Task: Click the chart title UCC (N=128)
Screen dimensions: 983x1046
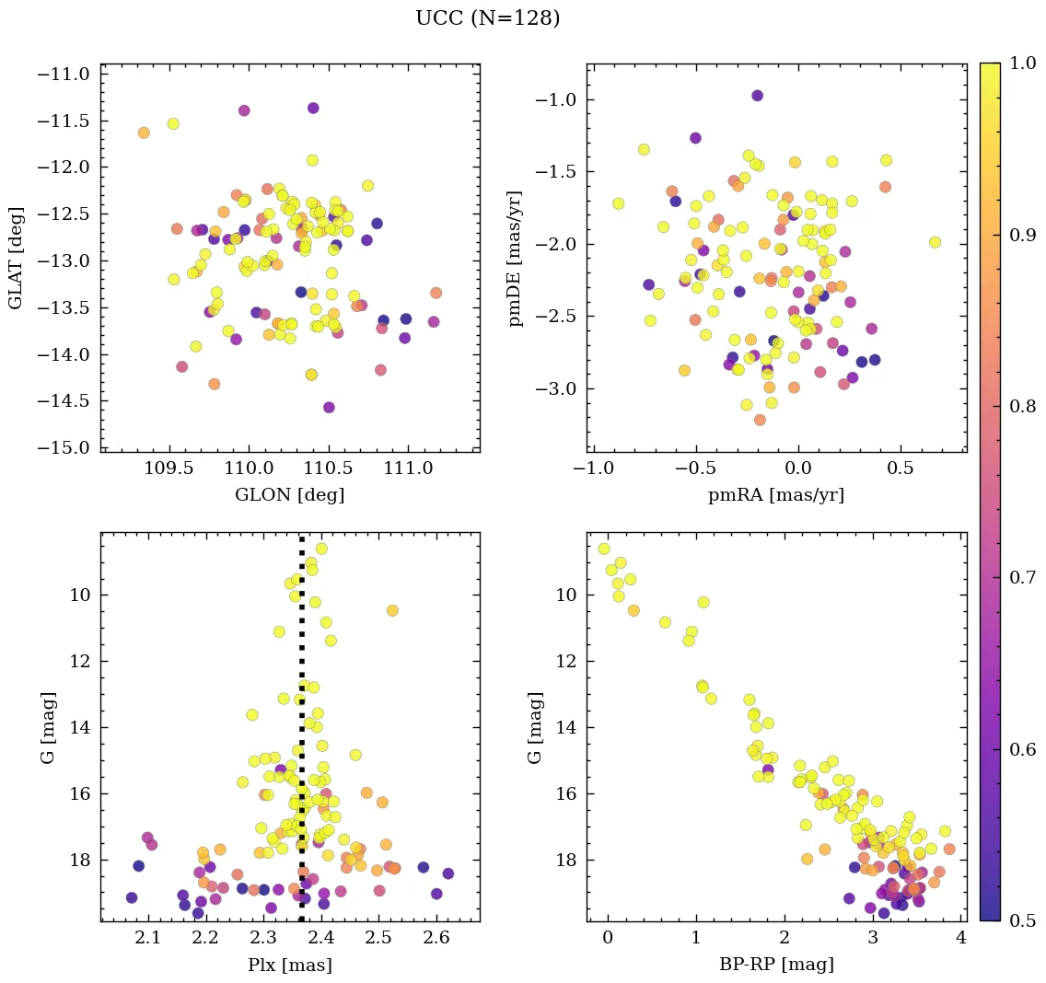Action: pyautogui.click(x=487, y=18)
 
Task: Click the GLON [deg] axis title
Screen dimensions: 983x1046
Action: pyautogui.click(x=289, y=495)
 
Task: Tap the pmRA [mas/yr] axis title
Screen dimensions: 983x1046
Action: pyautogui.click(x=775, y=495)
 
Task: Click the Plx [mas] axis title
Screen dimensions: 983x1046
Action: pyautogui.click(x=289, y=966)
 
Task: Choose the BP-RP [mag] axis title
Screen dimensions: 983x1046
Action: pyautogui.click(x=776, y=966)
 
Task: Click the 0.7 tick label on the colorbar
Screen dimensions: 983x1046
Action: pyautogui.click(x=1022, y=577)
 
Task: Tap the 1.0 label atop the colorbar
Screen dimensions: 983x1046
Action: pyautogui.click(x=1022, y=64)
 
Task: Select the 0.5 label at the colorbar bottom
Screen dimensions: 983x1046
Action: pyautogui.click(x=1022, y=920)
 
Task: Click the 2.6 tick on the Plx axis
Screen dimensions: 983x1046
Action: pyautogui.click(x=436, y=939)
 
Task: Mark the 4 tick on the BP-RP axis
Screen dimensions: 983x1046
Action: pyautogui.click(x=960, y=939)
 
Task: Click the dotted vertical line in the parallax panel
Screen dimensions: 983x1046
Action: pyautogui.click(x=301, y=736)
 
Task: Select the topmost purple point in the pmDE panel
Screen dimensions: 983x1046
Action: pyautogui.click(x=757, y=96)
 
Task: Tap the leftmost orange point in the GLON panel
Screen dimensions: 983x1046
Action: pyautogui.click(x=144, y=133)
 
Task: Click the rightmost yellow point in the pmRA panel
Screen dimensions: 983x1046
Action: pyautogui.click(x=935, y=242)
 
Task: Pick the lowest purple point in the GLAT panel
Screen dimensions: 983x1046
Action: pyautogui.click(x=329, y=408)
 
